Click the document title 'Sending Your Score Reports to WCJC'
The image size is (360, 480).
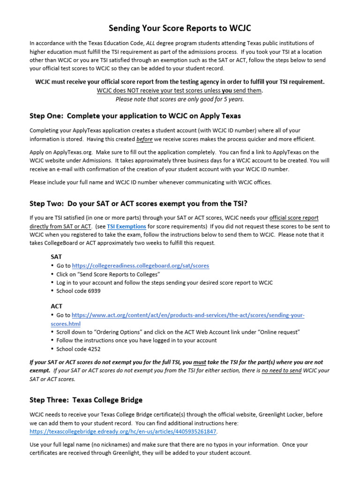(x=180, y=28)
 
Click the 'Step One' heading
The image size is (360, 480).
(x=135, y=115)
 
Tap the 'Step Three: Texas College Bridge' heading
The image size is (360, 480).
(x=86, y=400)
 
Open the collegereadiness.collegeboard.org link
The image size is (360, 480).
(x=140, y=266)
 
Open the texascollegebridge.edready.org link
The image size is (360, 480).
(x=123, y=431)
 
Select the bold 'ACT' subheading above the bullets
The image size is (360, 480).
(x=56, y=306)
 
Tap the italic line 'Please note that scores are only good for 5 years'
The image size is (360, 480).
(x=180, y=99)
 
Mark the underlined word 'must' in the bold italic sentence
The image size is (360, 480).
(x=200, y=362)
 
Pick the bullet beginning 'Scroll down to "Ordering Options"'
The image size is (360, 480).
(x=178, y=332)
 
